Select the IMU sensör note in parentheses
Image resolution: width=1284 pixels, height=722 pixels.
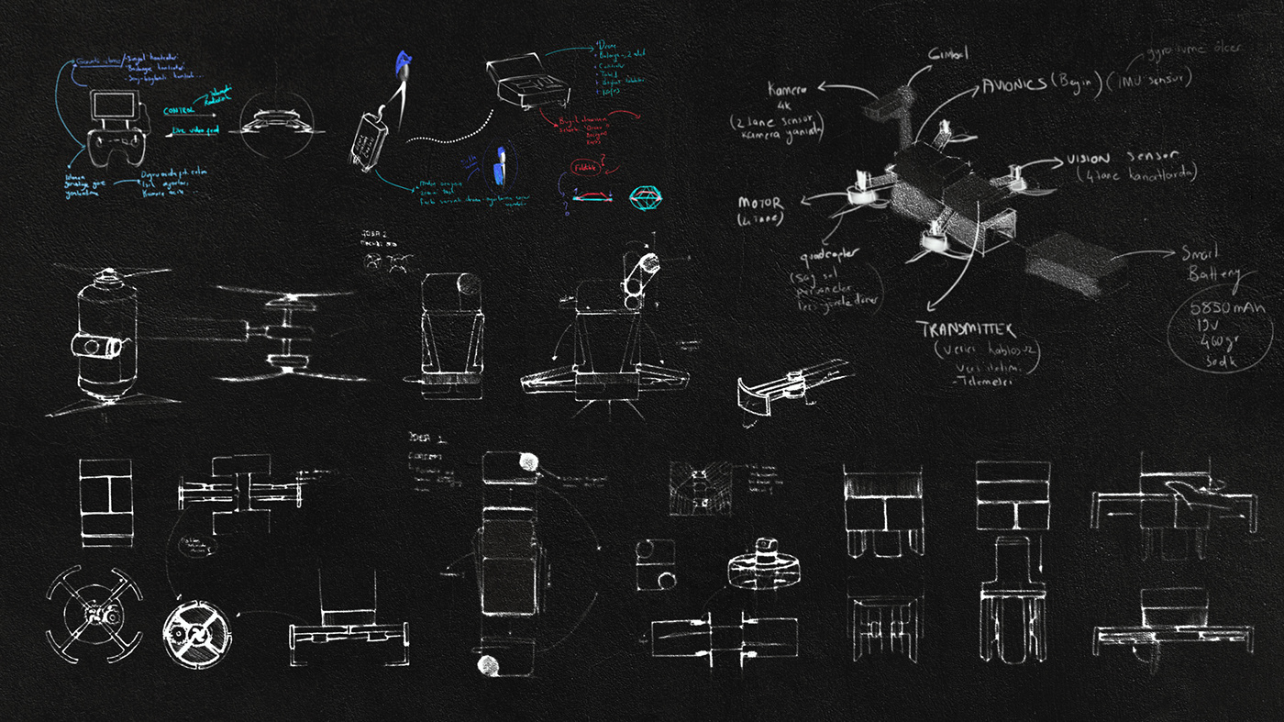(x=1153, y=81)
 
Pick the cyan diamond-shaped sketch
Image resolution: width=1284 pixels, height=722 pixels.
(x=649, y=195)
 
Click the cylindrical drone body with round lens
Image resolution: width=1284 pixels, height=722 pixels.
(x=102, y=339)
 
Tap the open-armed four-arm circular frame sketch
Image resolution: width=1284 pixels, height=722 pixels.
(x=94, y=614)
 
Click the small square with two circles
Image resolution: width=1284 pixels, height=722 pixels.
(x=655, y=564)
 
